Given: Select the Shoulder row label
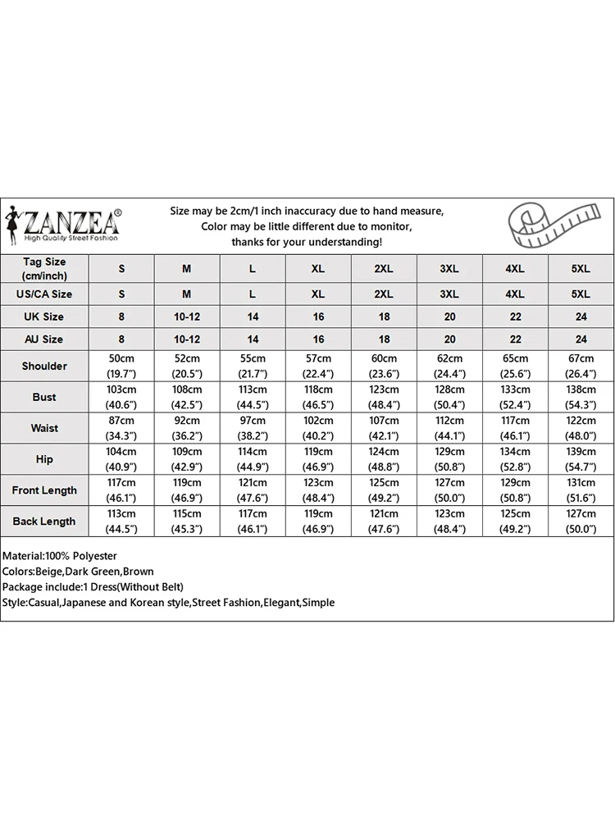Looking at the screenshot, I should [44, 366].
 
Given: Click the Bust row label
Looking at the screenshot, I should [44, 397].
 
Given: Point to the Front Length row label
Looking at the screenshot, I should [44, 490].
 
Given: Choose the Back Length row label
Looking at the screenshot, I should [44, 522].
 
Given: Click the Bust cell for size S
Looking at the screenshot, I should [121, 397].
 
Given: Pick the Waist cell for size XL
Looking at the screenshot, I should [318, 428].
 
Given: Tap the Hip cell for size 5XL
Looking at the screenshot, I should [581, 459].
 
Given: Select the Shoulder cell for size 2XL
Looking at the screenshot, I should [384, 366].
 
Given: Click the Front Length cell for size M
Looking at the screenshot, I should [187, 490].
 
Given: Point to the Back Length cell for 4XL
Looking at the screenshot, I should [515, 522].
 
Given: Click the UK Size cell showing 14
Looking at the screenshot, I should [253, 317].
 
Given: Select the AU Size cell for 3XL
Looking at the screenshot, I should [449, 339].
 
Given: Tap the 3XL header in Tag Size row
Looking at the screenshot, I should [449, 269].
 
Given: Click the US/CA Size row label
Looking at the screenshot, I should [44, 294].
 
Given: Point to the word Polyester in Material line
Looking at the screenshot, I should [93, 556].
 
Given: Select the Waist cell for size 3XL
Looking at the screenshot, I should [449, 428].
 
